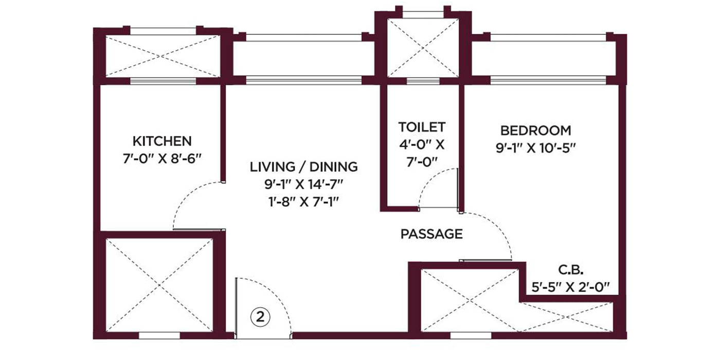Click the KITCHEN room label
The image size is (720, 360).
click(x=162, y=141)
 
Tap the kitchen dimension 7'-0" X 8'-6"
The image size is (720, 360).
click(x=162, y=159)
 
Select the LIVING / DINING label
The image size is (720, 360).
click(x=304, y=167)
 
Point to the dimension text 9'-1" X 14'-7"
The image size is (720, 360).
click(x=304, y=185)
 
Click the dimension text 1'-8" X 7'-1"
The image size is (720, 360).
click(x=304, y=202)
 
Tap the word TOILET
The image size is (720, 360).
click(x=422, y=127)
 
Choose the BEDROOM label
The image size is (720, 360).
click(x=536, y=131)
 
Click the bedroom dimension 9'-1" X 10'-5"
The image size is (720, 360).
click(x=536, y=148)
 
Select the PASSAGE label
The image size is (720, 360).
click(x=431, y=234)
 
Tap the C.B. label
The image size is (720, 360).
click(x=571, y=269)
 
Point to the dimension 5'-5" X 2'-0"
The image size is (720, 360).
click(x=570, y=287)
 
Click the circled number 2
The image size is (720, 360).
click(x=260, y=317)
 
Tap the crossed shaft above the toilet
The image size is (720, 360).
click(x=423, y=48)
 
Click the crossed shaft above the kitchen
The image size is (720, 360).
click(x=163, y=56)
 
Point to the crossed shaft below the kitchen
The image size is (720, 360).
click(x=159, y=285)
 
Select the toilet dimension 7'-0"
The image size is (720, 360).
click(x=422, y=163)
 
